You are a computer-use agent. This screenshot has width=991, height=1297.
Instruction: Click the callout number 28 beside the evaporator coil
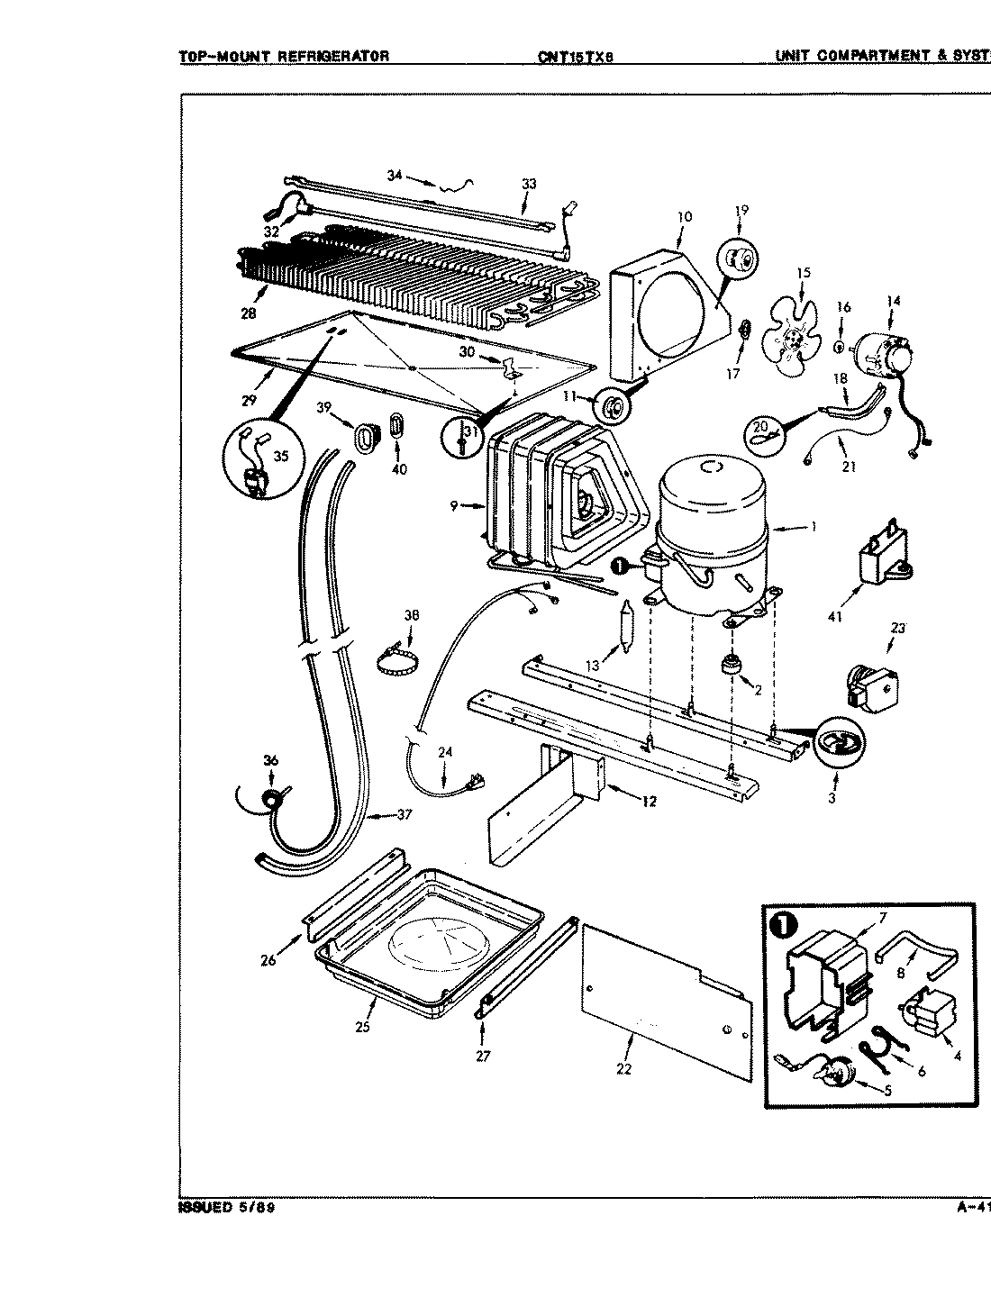(x=249, y=313)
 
